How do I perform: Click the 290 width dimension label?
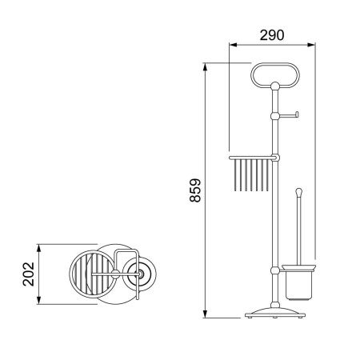click(x=272, y=35)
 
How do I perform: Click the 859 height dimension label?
click(x=195, y=190)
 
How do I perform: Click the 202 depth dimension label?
click(x=29, y=274)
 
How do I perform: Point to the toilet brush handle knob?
click(x=299, y=191)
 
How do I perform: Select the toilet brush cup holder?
click(x=298, y=282)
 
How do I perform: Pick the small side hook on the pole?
click(x=289, y=115)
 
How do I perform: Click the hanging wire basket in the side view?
click(x=251, y=174)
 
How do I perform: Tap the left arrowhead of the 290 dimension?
click(x=233, y=45)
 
